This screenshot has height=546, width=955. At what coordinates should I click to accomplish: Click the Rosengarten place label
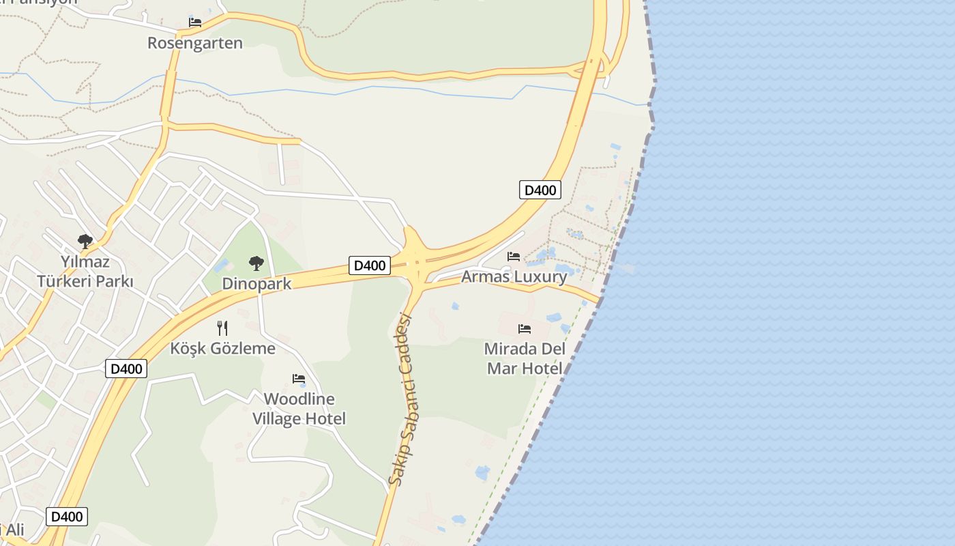[195, 43]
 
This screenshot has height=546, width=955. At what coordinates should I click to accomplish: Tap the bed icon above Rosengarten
[195, 22]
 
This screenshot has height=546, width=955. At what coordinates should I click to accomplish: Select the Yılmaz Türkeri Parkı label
[85, 271]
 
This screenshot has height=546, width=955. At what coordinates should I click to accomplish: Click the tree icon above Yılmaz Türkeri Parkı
[85, 241]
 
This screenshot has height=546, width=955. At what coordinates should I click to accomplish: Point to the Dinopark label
[256, 284]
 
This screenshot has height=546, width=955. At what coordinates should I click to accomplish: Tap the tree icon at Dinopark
[256, 263]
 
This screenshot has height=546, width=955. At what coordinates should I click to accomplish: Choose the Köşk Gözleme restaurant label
[222, 348]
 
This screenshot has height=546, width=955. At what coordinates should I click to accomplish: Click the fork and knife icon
[222, 328]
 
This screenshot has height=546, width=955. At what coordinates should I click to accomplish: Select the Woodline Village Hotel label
[299, 408]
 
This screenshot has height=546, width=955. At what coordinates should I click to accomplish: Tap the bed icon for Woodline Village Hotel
[299, 378]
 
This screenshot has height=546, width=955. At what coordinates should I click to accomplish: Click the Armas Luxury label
[514, 276]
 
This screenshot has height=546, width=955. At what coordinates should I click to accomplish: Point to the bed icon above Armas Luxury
[514, 256]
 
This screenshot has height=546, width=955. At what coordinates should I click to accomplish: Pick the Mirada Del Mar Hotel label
[524, 358]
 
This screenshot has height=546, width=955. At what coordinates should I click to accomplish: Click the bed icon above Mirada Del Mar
[524, 328]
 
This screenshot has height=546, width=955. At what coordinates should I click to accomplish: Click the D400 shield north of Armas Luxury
[540, 190]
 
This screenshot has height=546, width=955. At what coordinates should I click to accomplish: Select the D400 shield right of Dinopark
[369, 265]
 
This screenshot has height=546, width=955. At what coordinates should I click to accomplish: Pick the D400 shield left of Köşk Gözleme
[126, 369]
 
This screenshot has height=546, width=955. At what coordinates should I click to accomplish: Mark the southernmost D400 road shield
[67, 516]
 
